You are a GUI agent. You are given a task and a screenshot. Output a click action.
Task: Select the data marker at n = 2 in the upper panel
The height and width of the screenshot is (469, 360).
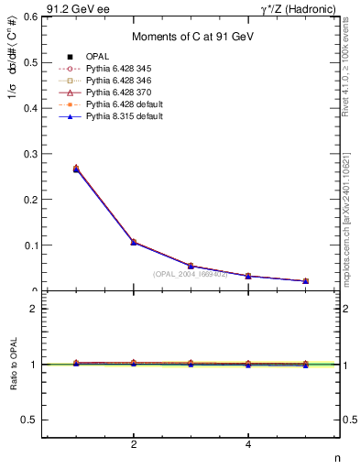pyautogui.click(x=134, y=242)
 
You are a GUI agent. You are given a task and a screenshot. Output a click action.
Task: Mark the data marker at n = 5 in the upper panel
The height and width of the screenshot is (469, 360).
pyautogui.click(x=306, y=281)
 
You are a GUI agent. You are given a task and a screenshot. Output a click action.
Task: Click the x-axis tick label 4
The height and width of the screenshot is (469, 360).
pyautogui.click(x=248, y=444)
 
